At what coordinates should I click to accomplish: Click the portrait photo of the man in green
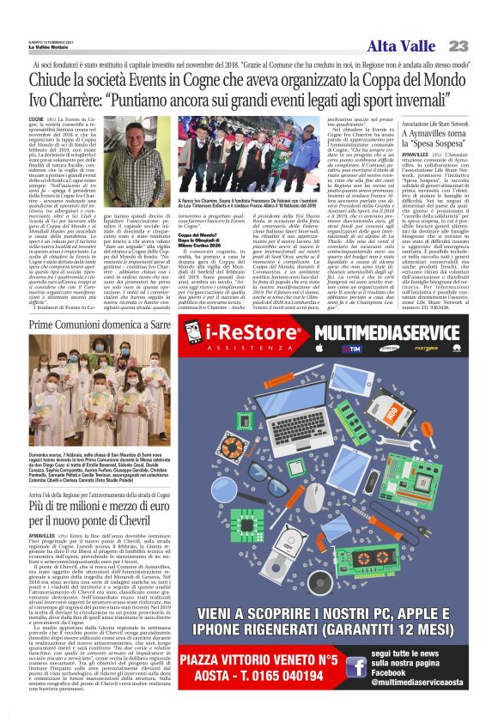[x=131, y=167]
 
